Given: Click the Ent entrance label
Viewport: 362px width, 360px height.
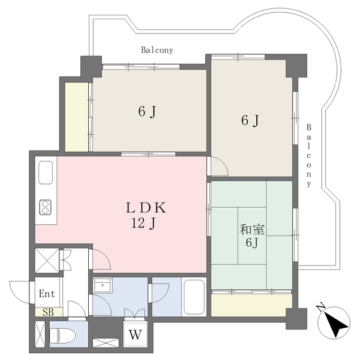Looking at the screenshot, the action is point(47,294).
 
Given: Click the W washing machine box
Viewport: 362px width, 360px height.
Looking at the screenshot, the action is point(135,333).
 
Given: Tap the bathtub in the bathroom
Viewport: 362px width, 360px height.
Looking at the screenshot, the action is point(194,297).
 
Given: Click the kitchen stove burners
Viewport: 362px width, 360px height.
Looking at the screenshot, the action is point(45,207).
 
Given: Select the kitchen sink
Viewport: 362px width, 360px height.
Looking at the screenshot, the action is point(45,173).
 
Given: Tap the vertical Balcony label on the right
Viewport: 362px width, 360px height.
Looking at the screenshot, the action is point(309,156).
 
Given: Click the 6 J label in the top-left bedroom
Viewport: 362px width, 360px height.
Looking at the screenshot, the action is point(147,112).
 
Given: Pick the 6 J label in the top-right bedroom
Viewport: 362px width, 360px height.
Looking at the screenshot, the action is point(250,120).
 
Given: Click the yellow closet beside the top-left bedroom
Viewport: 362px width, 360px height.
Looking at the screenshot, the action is point(76,117).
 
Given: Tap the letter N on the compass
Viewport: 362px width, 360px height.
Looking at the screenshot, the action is point(321,308).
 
